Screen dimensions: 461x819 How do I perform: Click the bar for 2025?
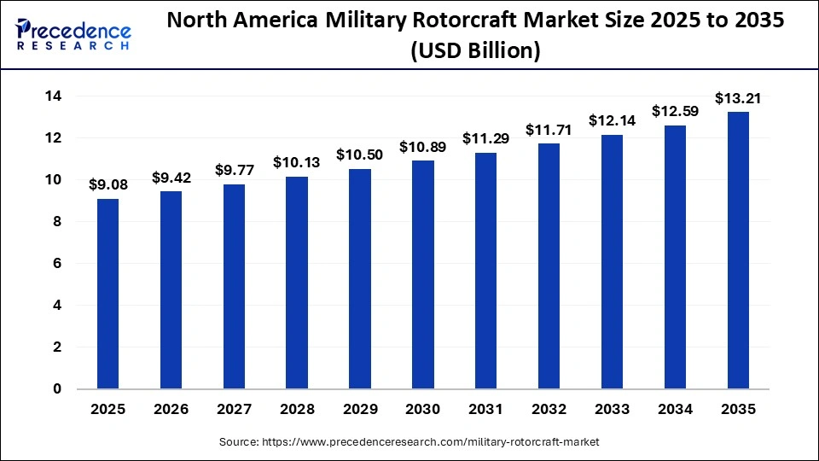(x=107, y=294)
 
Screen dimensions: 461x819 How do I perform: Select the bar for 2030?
(x=423, y=274)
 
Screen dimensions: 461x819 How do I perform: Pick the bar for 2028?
(x=297, y=283)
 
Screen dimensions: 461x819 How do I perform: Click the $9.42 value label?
(x=171, y=178)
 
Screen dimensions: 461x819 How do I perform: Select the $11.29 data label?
(x=486, y=138)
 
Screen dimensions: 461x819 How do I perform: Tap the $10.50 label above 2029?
(x=360, y=155)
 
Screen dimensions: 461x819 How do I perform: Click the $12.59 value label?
(x=675, y=111)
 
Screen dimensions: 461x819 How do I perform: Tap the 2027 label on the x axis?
(x=234, y=410)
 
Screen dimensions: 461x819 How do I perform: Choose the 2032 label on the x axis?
(x=549, y=410)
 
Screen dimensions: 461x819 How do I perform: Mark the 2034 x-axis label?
(x=675, y=410)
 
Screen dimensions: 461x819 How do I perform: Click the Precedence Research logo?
(x=73, y=34)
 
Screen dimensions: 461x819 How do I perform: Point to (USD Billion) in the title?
(x=475, y=51)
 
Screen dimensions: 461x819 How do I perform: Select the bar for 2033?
(x=612, y=261)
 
